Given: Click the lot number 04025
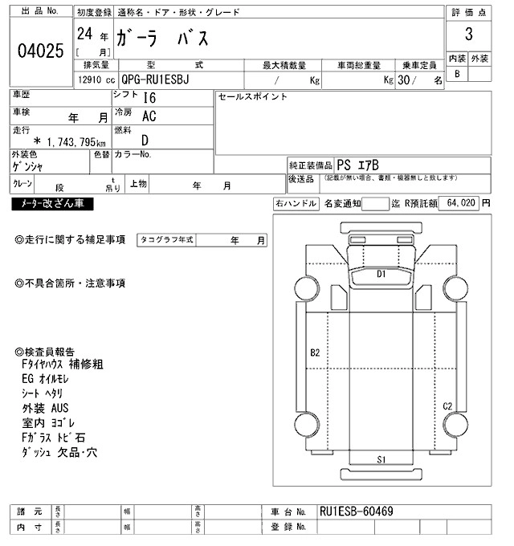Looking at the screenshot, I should coord(40,51).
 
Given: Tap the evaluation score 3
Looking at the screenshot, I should coord(468,36).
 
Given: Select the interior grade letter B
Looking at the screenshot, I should coord(457,74).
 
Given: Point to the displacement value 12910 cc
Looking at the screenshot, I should coord(94,80).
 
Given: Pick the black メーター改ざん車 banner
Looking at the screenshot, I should coord(52,204).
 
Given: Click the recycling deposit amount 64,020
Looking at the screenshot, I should coord(459,204).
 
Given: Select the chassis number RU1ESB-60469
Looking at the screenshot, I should coord(356,511).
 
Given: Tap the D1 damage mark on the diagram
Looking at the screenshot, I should coord(382,274).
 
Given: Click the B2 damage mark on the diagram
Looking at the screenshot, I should coord(315,352).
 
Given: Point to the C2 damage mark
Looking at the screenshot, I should coord(448,405).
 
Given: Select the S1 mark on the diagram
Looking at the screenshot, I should coord(382,459).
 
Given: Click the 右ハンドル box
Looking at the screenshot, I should coord(296,204).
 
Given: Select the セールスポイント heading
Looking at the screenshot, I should coord(252,96).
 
